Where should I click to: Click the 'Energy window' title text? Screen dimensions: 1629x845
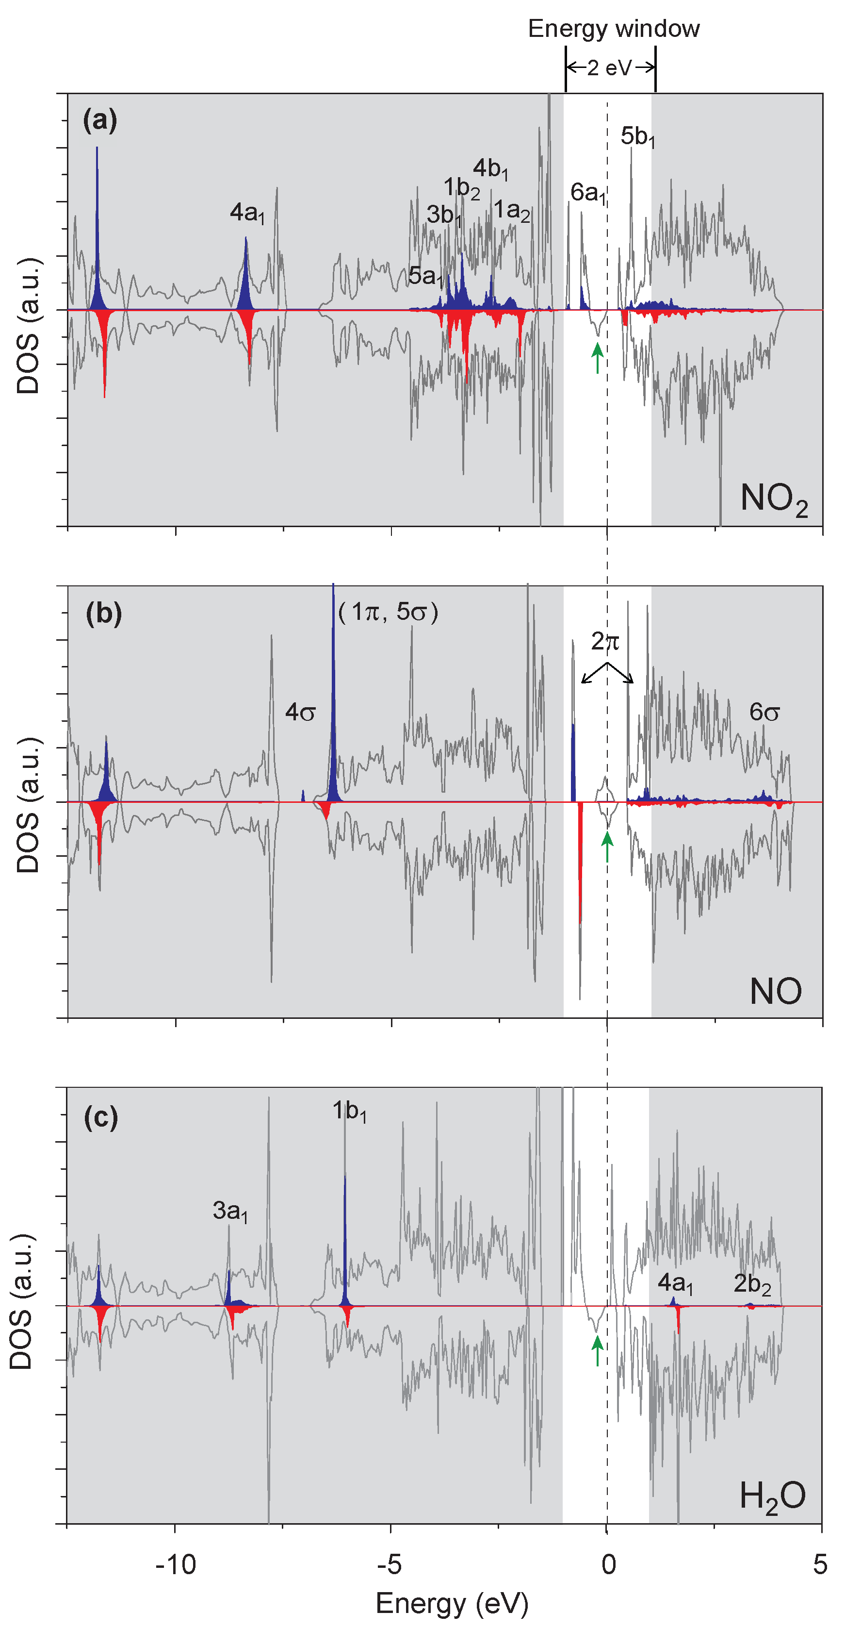[x=613, y=29]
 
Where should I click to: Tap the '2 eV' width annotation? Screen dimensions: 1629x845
[x=609, y=67]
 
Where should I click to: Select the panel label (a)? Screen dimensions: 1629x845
[x=100, y=119]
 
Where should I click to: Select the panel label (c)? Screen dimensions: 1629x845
[x=101, y=1117]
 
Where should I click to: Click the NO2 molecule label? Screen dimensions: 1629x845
[x=774, y=499]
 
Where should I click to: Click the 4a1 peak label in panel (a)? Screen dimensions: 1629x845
[x=247, y=213]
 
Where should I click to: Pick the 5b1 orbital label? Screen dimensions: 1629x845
[x=637, y=136]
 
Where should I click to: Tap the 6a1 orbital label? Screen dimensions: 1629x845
[x=588, y=193]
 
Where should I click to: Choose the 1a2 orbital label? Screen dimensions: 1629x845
[x=511, y=211]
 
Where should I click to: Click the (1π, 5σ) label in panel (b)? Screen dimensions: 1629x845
[x=388, y=612]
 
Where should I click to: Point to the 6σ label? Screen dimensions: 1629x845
[x=764, y=712]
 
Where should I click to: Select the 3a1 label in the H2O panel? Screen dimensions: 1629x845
[x=230, y=1211]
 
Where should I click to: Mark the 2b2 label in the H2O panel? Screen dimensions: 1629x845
[x=752, y=1284]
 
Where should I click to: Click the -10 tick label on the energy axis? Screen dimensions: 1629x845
[x=176, y=1565]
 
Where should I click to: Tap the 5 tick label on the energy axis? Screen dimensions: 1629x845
[x=820, y=1565]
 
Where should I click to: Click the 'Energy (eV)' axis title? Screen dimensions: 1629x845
[x=452, y=1604]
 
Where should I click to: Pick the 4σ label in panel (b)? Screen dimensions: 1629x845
[x=300, y=712]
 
